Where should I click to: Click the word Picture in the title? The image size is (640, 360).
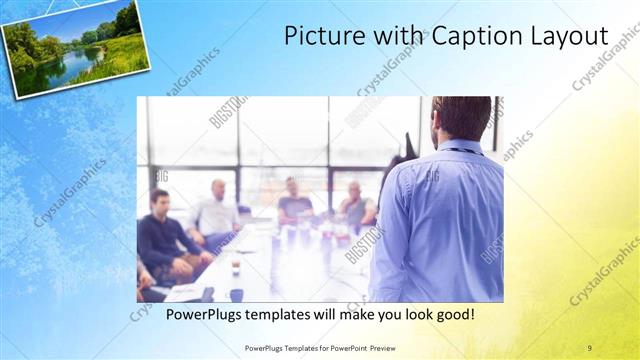(317, 36)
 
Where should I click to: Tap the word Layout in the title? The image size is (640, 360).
(570, 36)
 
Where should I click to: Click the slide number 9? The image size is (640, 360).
(589, 347)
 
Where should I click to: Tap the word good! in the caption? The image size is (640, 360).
(452, 315)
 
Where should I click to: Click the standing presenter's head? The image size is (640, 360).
(462, 117)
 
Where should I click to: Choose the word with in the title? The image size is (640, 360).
(396, 36)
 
